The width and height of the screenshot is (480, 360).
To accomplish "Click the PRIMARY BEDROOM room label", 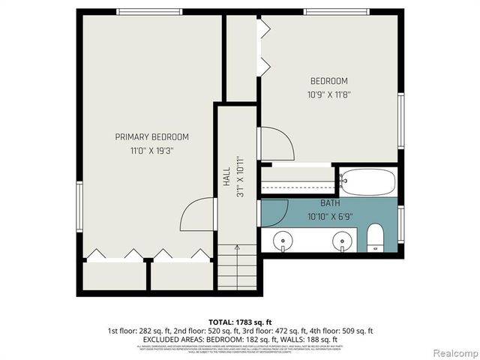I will click(x=151, y=137).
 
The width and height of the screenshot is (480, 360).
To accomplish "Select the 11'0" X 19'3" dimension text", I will click(x=151, y=150).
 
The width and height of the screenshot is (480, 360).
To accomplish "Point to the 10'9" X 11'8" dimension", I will click(x=329, y=95).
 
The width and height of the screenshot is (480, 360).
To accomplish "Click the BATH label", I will click(x=331, y=203).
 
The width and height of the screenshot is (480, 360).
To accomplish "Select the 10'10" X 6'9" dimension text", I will click(x=331, y=216).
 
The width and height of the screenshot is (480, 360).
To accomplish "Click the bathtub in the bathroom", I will click(x=367, y=181).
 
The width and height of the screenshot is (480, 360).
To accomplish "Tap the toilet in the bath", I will click(x=376, y=238).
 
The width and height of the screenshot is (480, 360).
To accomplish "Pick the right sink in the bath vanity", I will click(x=343, y=241).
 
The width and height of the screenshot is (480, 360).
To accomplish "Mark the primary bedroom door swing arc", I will click(x=200, y=214).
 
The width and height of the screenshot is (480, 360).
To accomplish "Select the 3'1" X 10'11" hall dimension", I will click(x=240, y=177).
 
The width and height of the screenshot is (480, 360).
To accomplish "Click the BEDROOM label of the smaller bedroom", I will click(x=329, y=81).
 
